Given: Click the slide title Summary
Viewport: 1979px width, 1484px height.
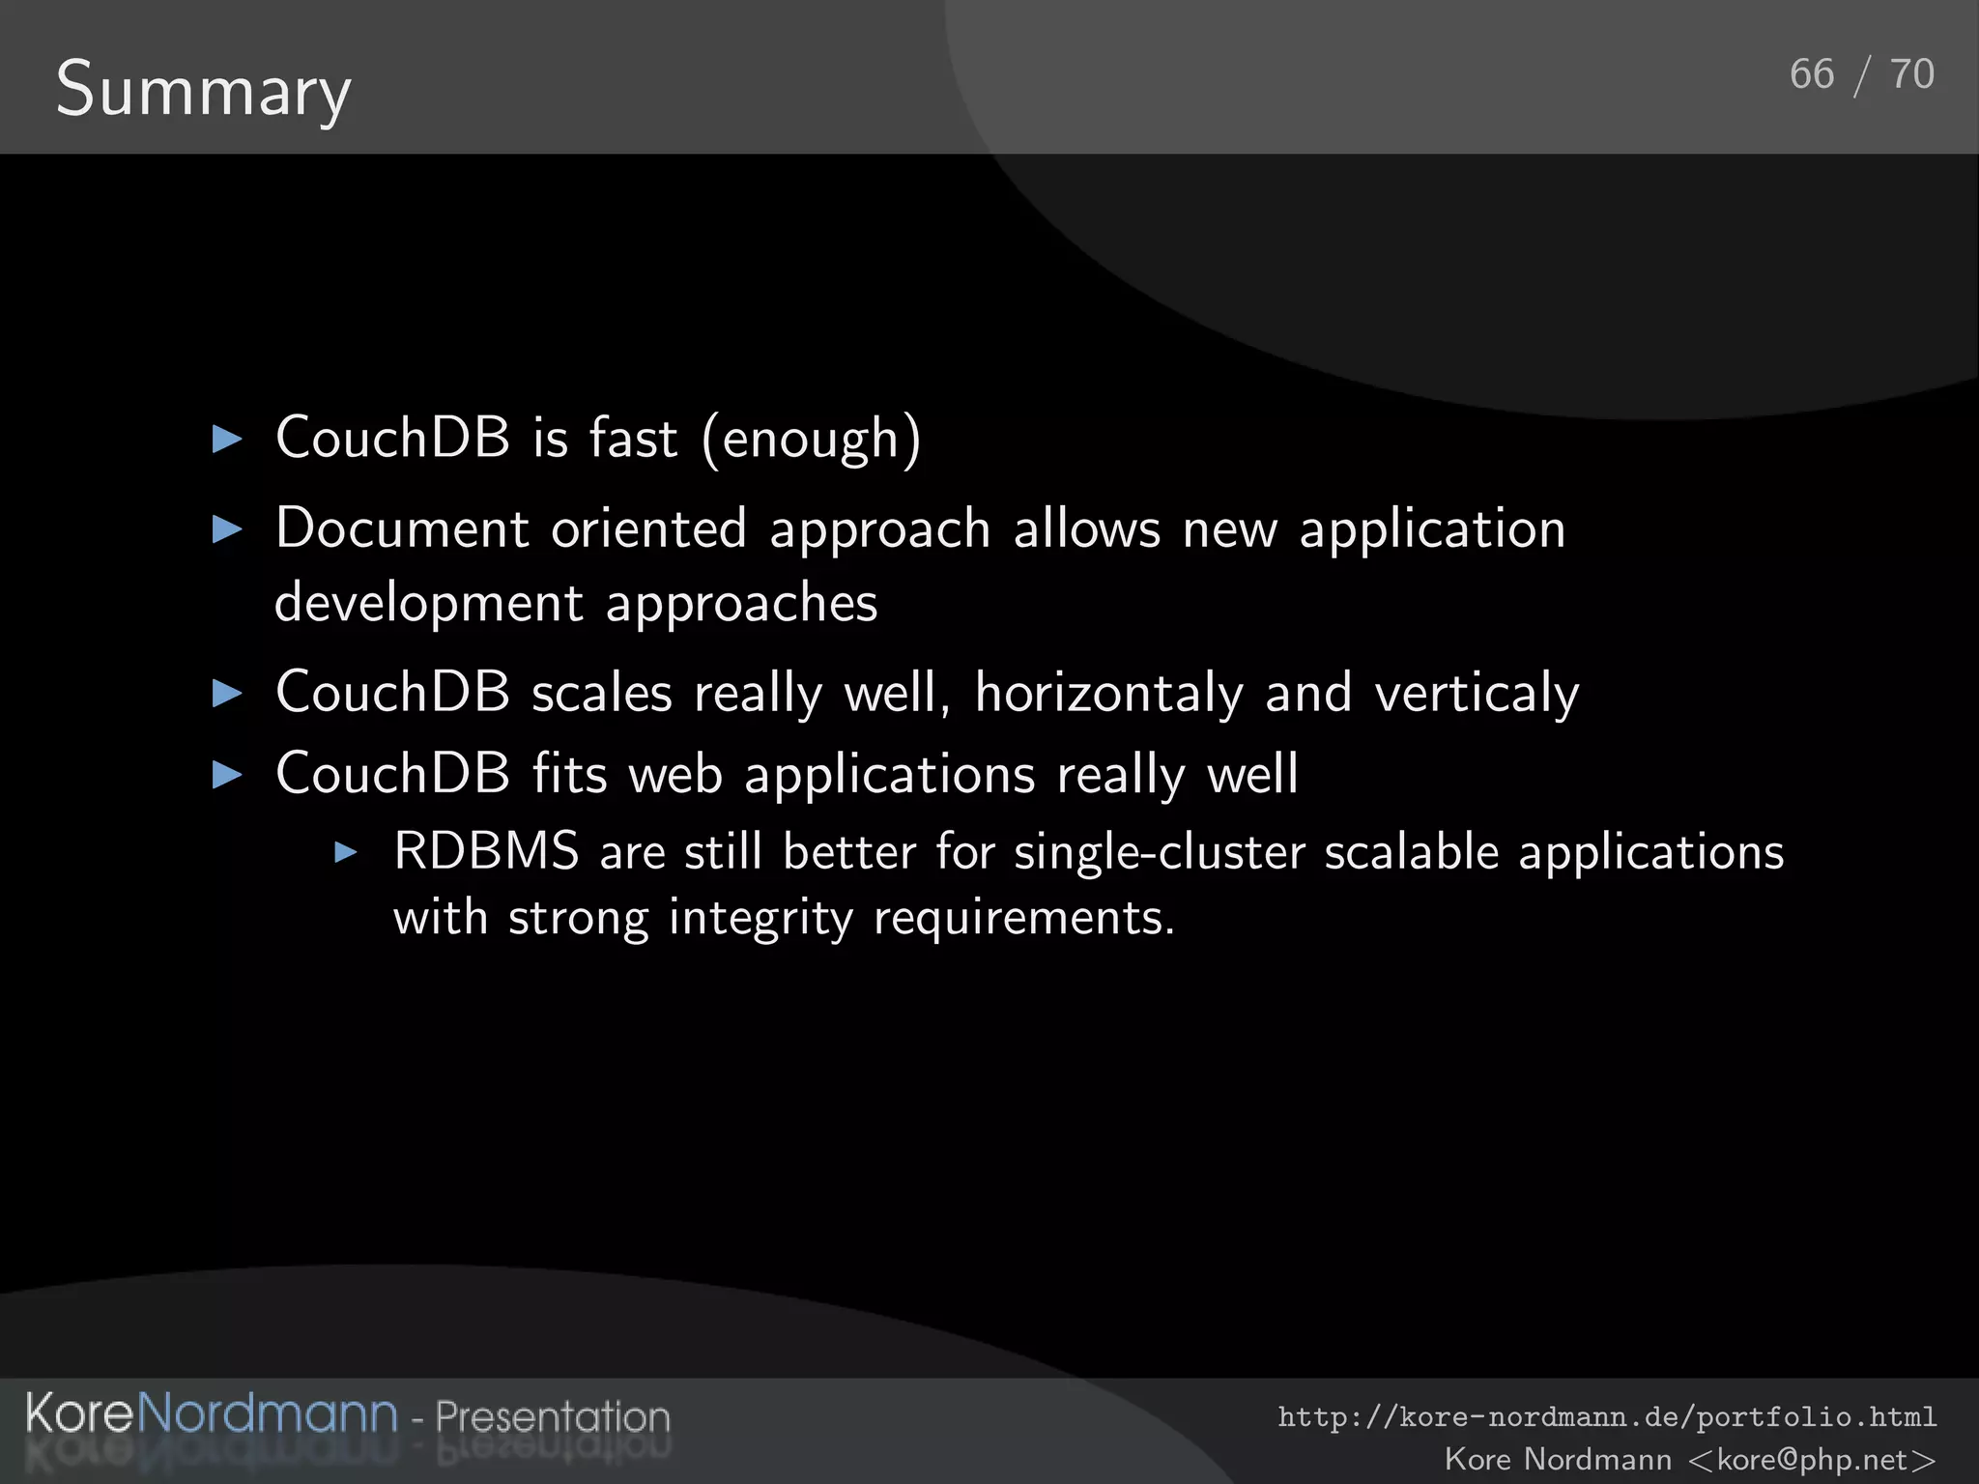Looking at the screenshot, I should pos(203,90).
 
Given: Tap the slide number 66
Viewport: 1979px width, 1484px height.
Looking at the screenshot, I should pos(1811,74).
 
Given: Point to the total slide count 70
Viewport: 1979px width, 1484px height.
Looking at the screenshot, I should pos(1911,74).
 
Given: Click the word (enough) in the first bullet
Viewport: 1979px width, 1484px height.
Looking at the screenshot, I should pos(812,439).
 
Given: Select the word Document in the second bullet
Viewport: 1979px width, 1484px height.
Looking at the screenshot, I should pos(402,528).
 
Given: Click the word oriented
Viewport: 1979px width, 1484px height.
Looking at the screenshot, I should pos(648,528).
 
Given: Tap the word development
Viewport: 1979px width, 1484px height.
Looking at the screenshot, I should pos(429,604).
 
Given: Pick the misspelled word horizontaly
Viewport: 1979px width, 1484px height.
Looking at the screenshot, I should pos(1108,693).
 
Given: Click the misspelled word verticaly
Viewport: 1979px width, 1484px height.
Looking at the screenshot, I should pos(1477,693).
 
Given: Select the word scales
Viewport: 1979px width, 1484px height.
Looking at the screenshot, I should pos(601,693).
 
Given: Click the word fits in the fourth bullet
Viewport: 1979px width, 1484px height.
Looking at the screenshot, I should pos(569,773).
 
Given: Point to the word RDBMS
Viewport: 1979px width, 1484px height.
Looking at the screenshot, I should pos(486,852).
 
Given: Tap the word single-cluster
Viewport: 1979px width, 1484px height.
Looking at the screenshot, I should pos(1160,852).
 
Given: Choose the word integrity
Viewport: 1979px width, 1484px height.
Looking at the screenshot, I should pos(760,917).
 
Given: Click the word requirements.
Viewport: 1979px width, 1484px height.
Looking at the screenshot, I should pos(1023,917).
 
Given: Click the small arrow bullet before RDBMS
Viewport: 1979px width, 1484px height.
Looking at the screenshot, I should pos(346,852).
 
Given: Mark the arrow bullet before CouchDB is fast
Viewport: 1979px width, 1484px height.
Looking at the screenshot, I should pos(227,440).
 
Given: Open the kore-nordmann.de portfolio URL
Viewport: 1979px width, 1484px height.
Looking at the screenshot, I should pos(1607,1417).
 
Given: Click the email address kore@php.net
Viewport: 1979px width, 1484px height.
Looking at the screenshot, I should pos(1812,1459).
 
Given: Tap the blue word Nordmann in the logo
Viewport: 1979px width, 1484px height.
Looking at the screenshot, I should pos(268,1413).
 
